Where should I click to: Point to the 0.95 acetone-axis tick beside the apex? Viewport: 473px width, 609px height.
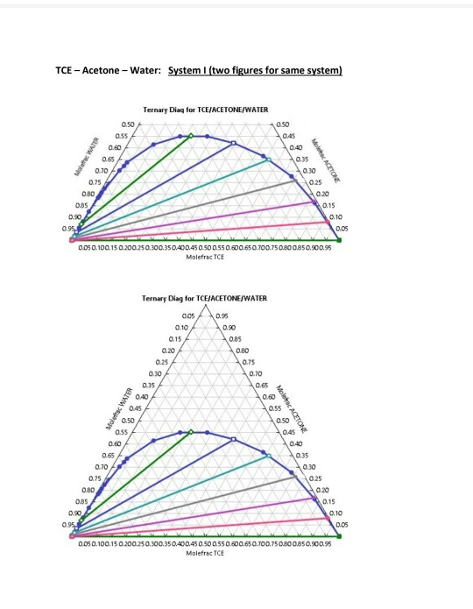pyautogui.click(x=223, y=314)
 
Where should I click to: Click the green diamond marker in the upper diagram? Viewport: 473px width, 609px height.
pyautogui.click(x=192, y=136)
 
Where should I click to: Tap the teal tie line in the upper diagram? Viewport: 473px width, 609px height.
pyautogui.click(x=175, y=198)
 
